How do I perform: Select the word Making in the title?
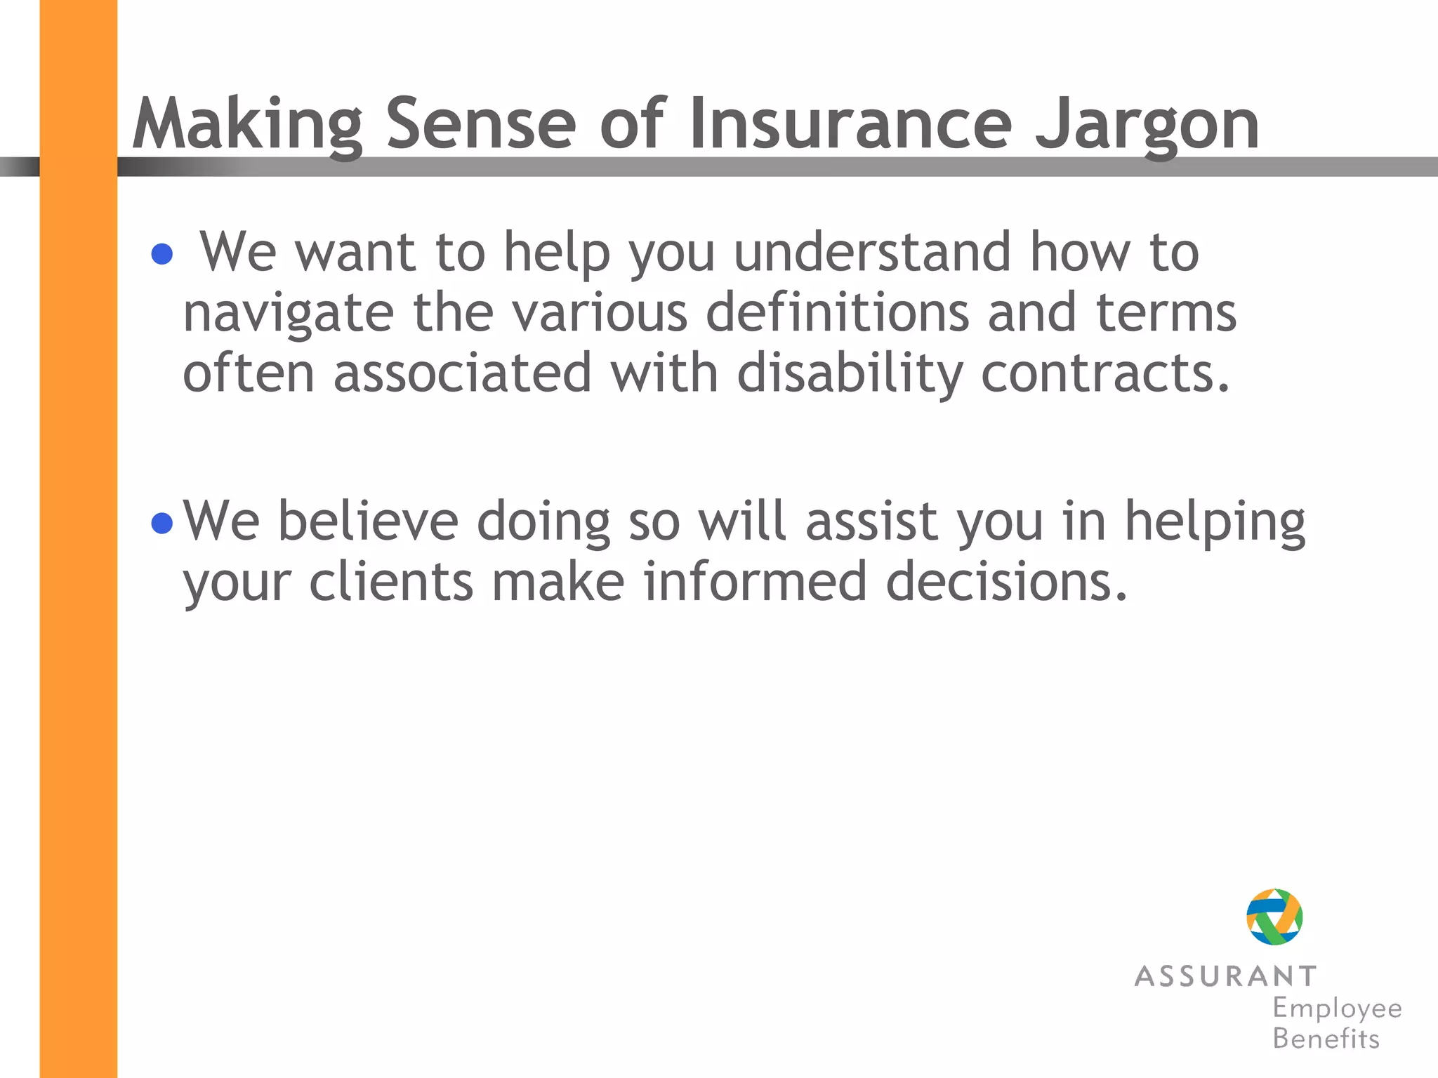pos(247,125)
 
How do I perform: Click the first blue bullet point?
pos(162,254)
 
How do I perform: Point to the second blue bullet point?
pos(162,523)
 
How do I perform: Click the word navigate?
pos(288,313)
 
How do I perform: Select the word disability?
pos(850,373)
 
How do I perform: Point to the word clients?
pos(391,582)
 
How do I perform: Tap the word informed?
pos(755,582)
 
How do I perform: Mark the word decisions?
pos(1006,582)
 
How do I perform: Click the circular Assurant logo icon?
pos(1274,917)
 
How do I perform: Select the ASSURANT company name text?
pos(1225,976)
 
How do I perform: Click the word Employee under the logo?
pos(1337,1009)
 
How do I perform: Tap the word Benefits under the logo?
pos(1326,1039)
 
